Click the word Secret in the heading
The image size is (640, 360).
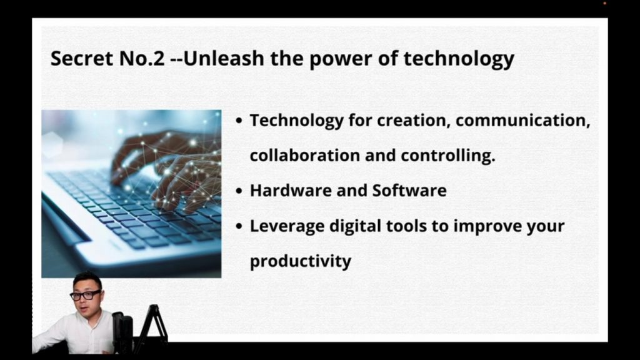(82, 58)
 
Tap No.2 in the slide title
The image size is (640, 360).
(142, 58)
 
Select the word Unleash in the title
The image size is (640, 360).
(224, 58)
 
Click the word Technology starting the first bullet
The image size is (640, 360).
(297, 121)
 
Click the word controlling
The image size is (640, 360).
(447, 156)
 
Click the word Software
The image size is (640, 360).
(409, 191)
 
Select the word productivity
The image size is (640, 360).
(301, 262)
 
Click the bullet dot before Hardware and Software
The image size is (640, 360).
(239, 191)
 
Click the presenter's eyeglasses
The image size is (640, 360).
(85, 295)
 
